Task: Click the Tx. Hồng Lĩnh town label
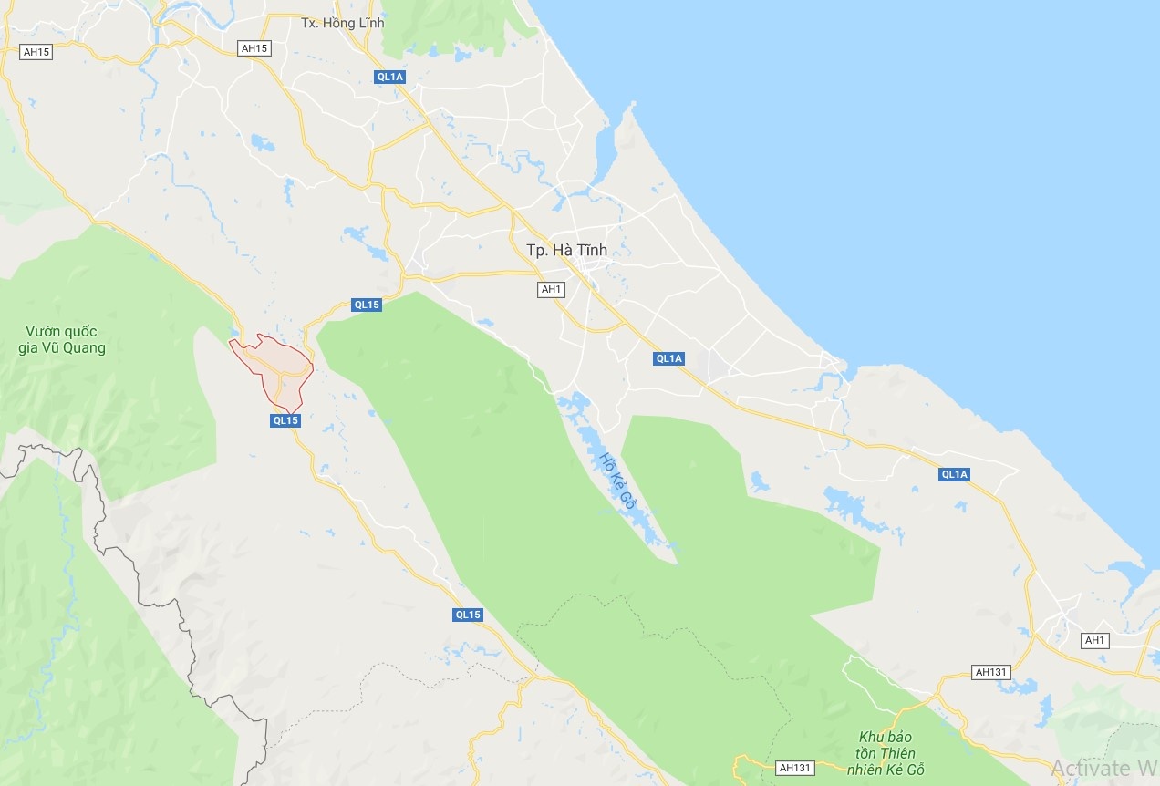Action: [343, 23]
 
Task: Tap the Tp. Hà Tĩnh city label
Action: [566, 250]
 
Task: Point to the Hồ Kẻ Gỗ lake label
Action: [617, 480]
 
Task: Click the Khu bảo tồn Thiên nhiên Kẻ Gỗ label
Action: [886, 752]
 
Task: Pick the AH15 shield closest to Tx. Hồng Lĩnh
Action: [255, 48]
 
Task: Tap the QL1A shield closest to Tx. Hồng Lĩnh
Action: [390, 77]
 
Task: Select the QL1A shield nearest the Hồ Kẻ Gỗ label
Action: [669, 358]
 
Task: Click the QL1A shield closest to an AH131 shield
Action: [954, 474]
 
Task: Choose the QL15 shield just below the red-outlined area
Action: [285, 420]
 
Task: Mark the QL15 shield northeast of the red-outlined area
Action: [367, 305]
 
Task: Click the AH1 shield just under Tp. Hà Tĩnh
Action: [552, 289]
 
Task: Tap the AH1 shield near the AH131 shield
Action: [1094, 640]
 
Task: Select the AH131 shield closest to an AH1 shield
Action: [991, 672]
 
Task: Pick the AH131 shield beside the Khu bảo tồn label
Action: [795, 768]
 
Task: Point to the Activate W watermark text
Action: [1104, 767]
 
